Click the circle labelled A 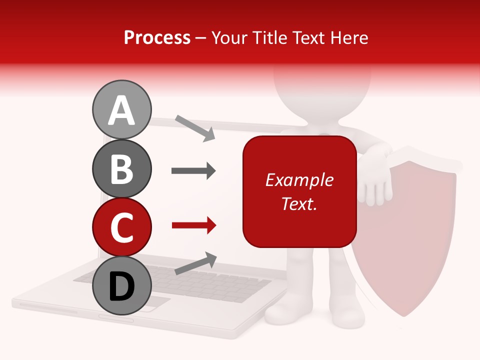tap(121, 109)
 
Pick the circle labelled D tap(121, 285)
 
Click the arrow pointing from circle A tap(194, 128)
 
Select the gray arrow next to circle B tap(193, 171)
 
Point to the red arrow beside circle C tap(193, 226)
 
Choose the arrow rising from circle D tap(195, 264)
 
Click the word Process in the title tap(157, 37)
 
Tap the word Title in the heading tap(270, 37)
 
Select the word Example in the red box tap(299, 180)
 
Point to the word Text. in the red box tap(299, 203)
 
